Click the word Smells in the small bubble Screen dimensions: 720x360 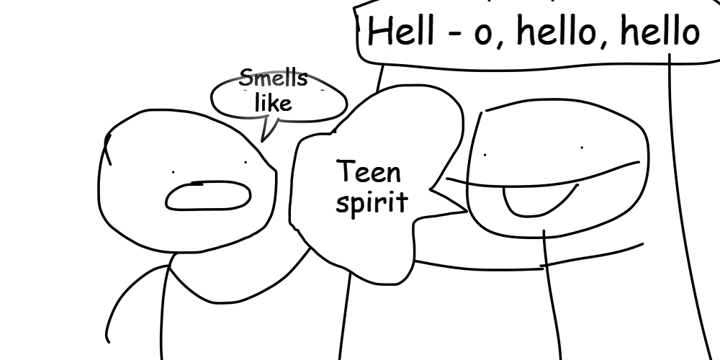(x=273, y=78)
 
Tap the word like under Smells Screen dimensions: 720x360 (x=273, y=103)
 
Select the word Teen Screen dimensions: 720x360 (x=369, y=172)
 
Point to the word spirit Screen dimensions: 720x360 (x=372, y=202)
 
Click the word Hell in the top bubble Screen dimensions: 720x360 (x=401, y=32)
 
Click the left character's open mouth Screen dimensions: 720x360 (x=208, y=196)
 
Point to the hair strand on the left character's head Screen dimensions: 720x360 (x=108, y=149)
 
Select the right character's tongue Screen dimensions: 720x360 (x=538, y=201)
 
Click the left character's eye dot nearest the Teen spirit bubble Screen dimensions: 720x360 (x=246, y=162)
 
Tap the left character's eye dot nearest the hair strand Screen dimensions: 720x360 (x=173, y=172)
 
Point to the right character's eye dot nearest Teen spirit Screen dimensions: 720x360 (x=485, y=155)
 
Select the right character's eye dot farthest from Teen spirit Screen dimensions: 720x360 (x=582, y=148)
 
